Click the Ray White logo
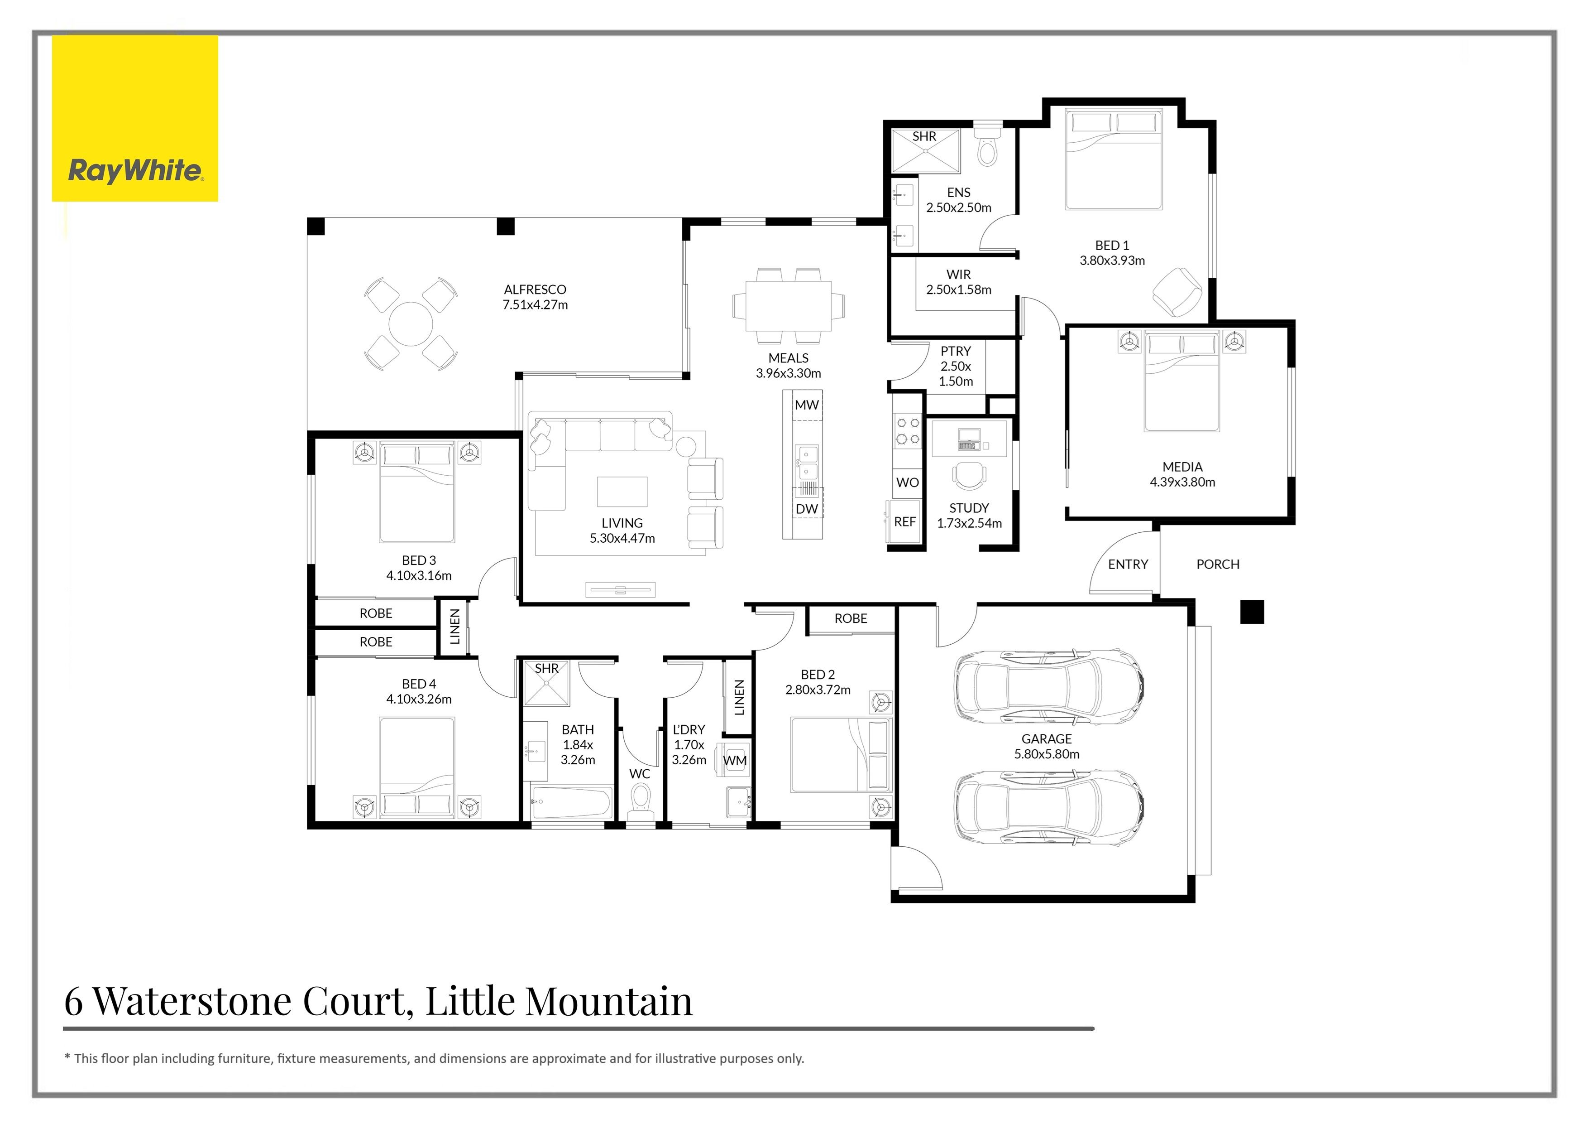coord(135,170)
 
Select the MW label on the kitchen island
coord(807,405)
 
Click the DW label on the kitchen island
coord(807,509)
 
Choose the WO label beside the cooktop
coord(908,482)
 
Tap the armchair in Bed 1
coord(1177,293)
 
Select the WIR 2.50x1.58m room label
coord(959,282)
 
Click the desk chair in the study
coord(970,476)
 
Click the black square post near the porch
coord(1251,612)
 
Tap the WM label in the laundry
coord(735,761)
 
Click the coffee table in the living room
coord(622,492)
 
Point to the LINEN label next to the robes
coord(454,627)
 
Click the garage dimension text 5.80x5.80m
coord(1047,754)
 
